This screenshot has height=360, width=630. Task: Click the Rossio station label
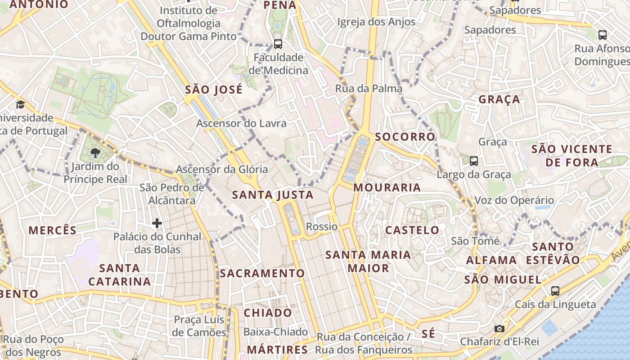[x=321, y=226]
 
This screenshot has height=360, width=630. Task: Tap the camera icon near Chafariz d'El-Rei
[x=499, y=328]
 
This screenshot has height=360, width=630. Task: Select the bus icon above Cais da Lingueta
[x=555, y=291]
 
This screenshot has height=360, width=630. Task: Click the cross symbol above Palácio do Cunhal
[x=157, y=223]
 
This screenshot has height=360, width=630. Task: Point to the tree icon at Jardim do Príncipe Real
[x=95, y=153]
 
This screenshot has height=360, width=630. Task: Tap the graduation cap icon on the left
[x=20, y=105]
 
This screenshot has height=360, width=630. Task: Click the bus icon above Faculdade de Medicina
[x=278, y=44]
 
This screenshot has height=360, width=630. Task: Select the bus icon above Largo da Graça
[x=473, y=161]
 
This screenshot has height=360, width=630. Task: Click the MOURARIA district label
[x=387, y=188]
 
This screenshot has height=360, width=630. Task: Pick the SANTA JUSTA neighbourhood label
[x=273, y=195]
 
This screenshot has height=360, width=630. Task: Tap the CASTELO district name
[x=412, y=230]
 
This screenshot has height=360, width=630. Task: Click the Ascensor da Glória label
[x=221, y=170]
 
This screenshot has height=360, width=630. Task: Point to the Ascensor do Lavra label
[x=241, y=123]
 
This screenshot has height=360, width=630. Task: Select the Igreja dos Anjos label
[x=376, y=22]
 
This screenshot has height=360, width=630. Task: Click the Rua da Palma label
[x=369, y=89]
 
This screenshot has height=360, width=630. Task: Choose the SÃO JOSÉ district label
[x=214, y=90]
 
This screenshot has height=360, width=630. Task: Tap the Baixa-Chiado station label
[x=275, y=332]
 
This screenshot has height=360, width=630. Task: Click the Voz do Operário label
[x=514, y=200]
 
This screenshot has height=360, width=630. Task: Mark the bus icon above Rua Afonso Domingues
[x=602, y=35]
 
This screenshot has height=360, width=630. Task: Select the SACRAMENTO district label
[x=262, y=273]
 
